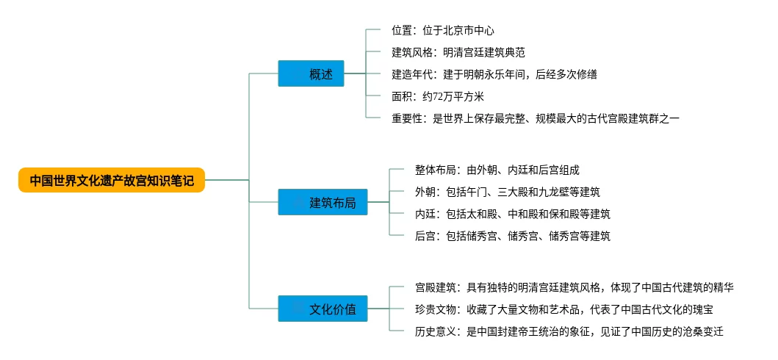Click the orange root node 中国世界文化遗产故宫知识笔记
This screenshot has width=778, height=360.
point(112,179)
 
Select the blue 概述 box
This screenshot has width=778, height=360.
point(311,73)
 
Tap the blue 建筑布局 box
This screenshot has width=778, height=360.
point(323,202)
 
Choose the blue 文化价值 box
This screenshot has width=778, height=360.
point(323,309)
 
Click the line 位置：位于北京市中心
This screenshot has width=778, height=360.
point(442,30)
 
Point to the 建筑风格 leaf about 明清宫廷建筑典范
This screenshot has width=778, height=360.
point(458,52)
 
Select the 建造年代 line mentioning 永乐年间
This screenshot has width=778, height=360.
point(494,74)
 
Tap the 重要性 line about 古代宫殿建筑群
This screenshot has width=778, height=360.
point(535,118)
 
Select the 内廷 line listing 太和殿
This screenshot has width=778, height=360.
point(513,214)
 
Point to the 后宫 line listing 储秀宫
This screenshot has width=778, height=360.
point(513,236)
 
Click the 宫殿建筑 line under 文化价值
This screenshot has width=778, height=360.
point(574,287)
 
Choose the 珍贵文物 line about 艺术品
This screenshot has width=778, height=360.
point(563,309)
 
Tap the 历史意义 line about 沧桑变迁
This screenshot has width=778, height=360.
point(569,331)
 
